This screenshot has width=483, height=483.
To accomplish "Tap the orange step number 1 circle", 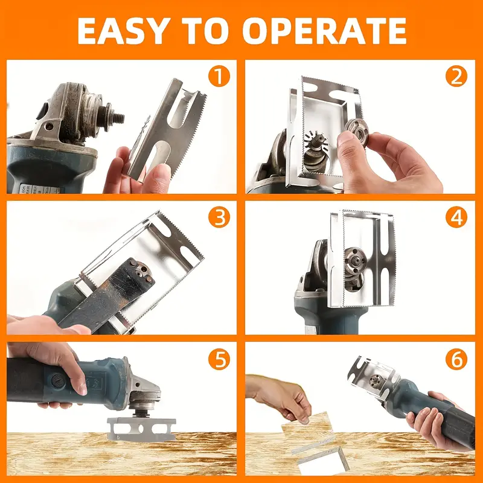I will pyautogui.click(x=219, y=77).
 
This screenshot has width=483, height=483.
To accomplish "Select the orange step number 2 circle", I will pyautogui.click(x=457, y=77).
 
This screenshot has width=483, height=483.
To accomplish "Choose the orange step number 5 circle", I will pyautogui.click(x=219, y=360).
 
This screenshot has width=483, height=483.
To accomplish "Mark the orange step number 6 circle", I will pyautogui.click(x=457, y=360).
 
